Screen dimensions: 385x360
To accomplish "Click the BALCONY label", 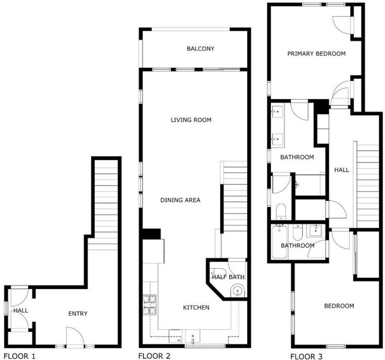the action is coord(200,49).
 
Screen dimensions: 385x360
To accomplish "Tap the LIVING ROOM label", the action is coord(191,120).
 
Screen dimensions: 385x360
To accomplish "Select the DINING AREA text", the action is coord(181,200).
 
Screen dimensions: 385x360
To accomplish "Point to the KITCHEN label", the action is coord(196,307).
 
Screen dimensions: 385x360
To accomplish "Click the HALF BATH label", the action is coord(228,277).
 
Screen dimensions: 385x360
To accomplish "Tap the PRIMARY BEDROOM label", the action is coord(317,53).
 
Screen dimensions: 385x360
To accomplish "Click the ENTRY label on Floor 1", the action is coord(78,314).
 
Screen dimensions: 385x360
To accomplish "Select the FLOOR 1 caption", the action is coord(19,356).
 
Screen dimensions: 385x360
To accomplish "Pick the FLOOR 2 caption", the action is coord(154,356).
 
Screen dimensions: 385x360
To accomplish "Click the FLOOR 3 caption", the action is coord(306,356).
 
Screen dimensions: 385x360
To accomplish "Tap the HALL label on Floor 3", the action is coord(342,170).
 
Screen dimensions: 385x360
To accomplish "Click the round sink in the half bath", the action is coord(237,291).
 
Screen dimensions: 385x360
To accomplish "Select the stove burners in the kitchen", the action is coord(149,305).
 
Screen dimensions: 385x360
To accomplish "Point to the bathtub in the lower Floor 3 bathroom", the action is coord(279,242).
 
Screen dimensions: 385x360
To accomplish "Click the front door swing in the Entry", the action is coord(75,336).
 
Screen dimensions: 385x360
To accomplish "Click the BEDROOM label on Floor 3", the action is coord(339,306).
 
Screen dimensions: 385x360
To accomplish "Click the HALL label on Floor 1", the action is coord(20,311).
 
